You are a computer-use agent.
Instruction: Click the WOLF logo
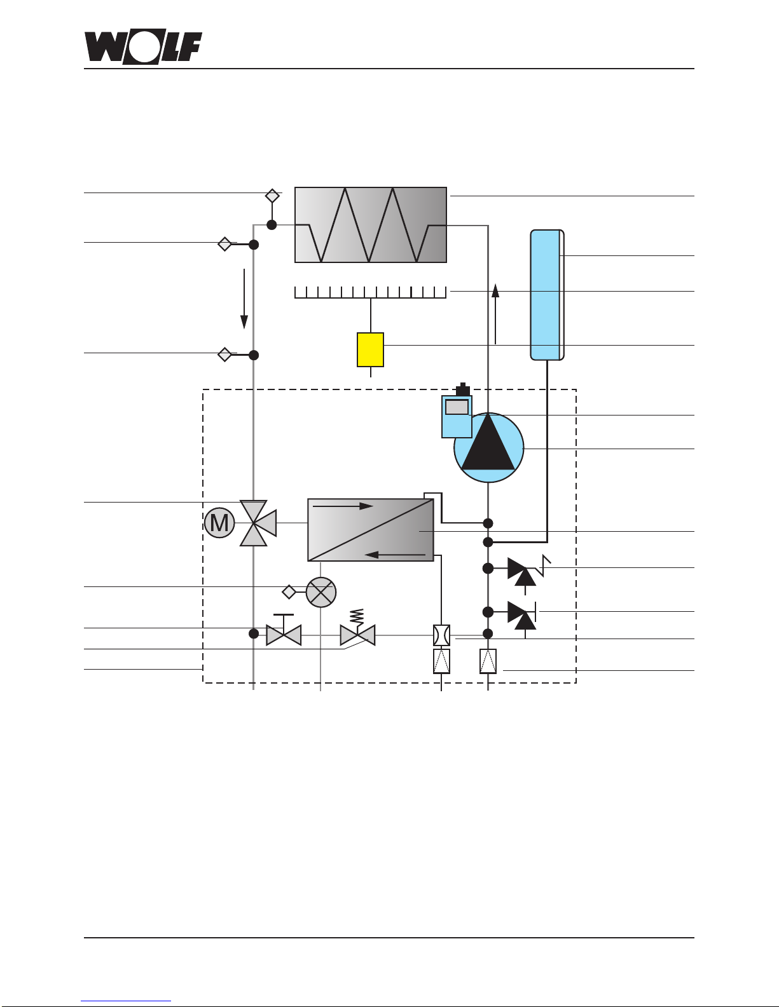coord(143,47)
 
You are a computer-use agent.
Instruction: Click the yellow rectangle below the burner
coord(370,349)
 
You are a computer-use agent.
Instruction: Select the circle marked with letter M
coord(219,523)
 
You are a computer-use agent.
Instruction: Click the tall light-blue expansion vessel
coord(547,295)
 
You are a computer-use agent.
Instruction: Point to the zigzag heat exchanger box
coord(371,225)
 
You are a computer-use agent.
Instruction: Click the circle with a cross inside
coord(321,592)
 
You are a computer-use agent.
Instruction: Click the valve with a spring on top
coord(357,628)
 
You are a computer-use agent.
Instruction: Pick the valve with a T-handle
coord(284,630)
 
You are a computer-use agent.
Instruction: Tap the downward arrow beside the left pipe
coord(244,299)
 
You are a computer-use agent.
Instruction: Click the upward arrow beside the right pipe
coord(495,314)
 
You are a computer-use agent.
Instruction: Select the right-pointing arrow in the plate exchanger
coord(343,506)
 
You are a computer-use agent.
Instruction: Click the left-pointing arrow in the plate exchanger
coord(395,554)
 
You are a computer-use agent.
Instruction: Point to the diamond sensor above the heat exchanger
coord(272,196)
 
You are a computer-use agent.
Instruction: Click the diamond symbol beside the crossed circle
coord(289,592)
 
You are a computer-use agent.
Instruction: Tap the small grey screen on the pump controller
coord(457,407)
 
